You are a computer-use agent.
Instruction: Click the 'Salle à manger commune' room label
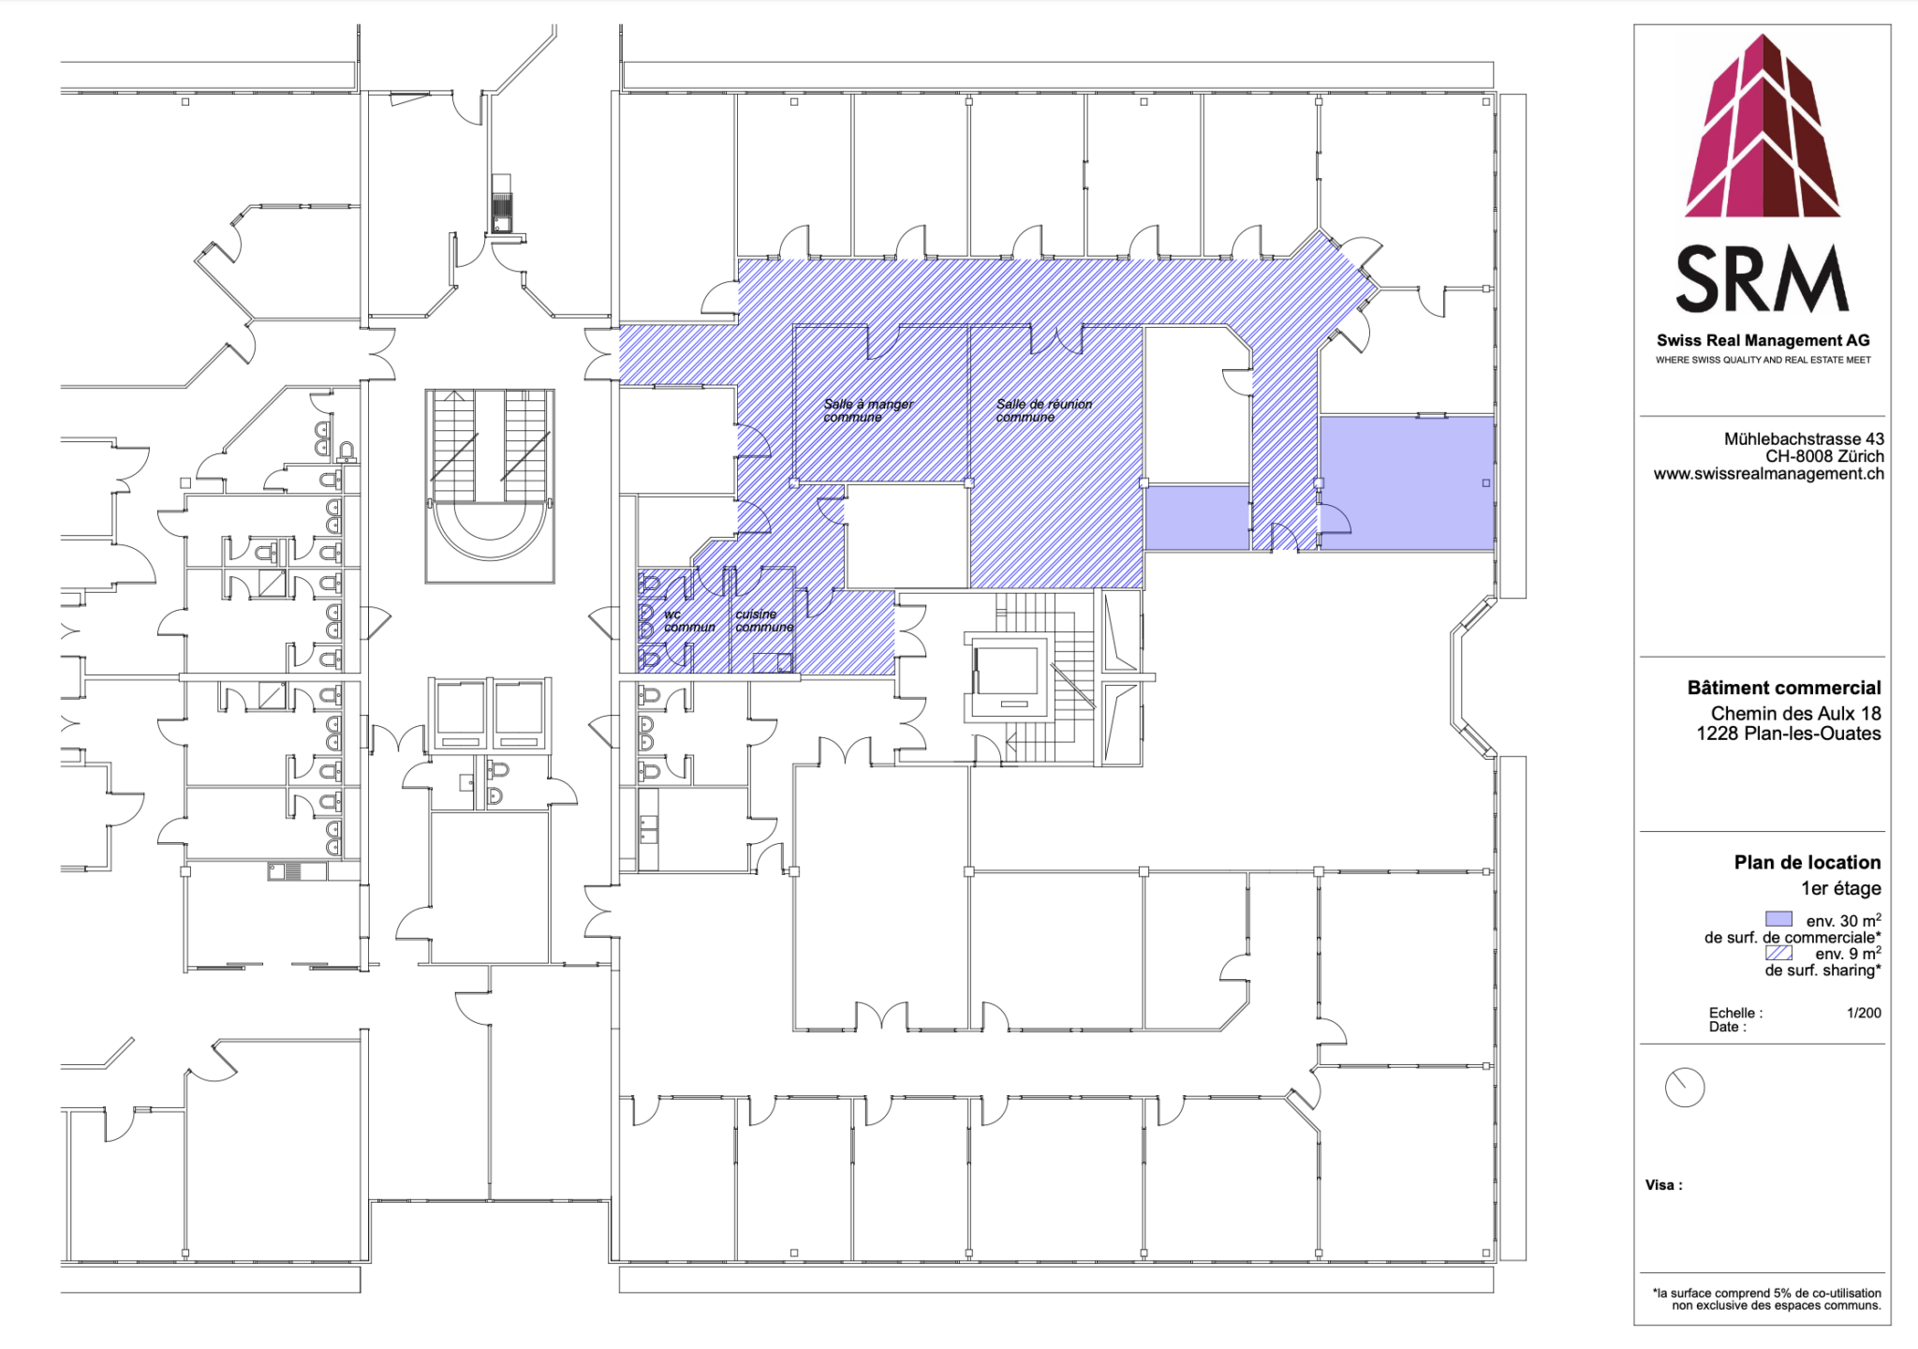[x=868, y=410]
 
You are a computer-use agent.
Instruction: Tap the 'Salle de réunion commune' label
[x=1043, y=410]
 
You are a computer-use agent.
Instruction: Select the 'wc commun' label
[x=689, y=621]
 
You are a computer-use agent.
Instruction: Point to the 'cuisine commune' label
[x=764, y=621]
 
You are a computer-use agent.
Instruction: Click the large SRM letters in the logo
[x=1763, y=279]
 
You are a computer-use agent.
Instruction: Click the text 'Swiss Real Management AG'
[x=1763, y=341]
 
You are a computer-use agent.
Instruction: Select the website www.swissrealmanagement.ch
[x=1768, y=474]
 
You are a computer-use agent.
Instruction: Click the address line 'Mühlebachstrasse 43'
[x=1804, y=438]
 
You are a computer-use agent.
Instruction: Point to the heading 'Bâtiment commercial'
[x=1784, y=688]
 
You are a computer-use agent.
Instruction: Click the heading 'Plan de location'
[x=1807, y=863]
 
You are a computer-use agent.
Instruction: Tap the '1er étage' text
[x=1841, y=888]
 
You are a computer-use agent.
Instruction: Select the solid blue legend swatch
[x=1778, y=919]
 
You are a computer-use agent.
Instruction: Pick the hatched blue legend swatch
[x=1778, y=953]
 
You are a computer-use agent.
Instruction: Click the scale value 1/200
[x=1864, y=1013]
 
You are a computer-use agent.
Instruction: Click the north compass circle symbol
[x=1685, y=1088]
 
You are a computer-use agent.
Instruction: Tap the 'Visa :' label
[x=1663, y=1185]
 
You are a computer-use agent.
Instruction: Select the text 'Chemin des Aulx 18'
[x=1795, y=714]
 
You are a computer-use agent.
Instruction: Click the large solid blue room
[x=1406, y=482]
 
